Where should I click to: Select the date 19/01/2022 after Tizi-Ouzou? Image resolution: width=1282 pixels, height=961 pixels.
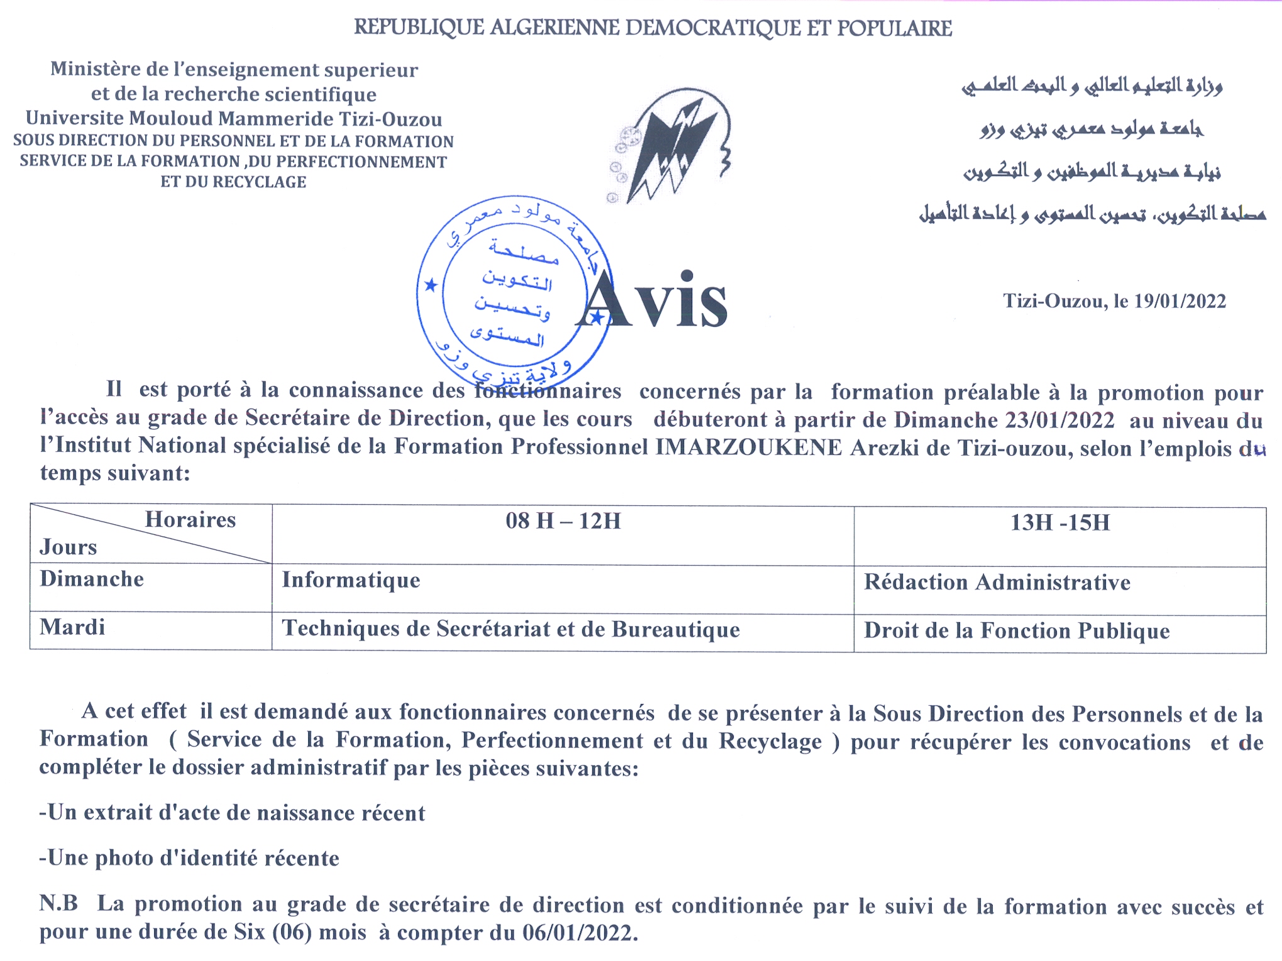point(1180,302)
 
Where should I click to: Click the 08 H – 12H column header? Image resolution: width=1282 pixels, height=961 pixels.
point(563,521)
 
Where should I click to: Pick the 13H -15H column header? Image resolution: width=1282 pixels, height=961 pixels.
point(1060,523)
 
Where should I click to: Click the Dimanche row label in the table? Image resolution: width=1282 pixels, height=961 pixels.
point(92,579)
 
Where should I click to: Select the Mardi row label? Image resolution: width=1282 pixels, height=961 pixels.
point(72,627)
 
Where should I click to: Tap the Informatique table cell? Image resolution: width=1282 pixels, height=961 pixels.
point(351,580)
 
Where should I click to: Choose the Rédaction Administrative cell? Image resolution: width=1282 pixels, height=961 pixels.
point(997,583)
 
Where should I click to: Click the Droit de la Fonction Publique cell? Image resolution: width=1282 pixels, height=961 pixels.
point(1017,631)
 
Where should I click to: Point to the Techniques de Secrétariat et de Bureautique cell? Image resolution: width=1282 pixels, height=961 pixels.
point(511,629)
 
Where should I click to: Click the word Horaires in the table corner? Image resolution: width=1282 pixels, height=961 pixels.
point(190,520)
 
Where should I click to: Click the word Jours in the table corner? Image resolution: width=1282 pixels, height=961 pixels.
point(68,547)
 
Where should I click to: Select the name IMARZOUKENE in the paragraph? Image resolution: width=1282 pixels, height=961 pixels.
point(748,447)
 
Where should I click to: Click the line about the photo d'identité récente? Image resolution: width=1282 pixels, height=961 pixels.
point(189,859)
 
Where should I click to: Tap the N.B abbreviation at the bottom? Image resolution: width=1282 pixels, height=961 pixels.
point(58,904)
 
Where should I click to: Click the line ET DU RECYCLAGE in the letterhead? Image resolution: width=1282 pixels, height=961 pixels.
point(233,182)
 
